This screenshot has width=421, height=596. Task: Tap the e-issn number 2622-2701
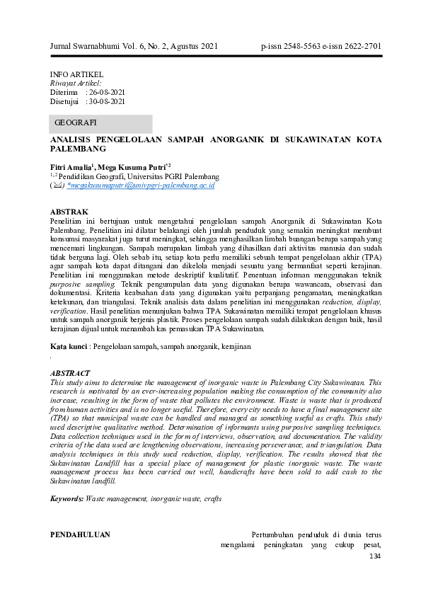pos(360,47)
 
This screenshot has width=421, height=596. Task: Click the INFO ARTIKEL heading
pos(76,74)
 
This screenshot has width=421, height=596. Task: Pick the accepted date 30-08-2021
pos(105,101)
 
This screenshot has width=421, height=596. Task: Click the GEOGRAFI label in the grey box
pos(76,123)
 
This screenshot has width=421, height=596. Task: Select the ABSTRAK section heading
pos(69,212)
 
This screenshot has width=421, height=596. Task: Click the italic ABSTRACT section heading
pos(70,372)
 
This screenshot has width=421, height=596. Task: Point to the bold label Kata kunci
pos(67,346)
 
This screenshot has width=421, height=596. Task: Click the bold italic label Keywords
pos(67,498)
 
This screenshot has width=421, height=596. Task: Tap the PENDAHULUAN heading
pos(79,534)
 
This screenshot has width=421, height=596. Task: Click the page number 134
pos(375,556)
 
